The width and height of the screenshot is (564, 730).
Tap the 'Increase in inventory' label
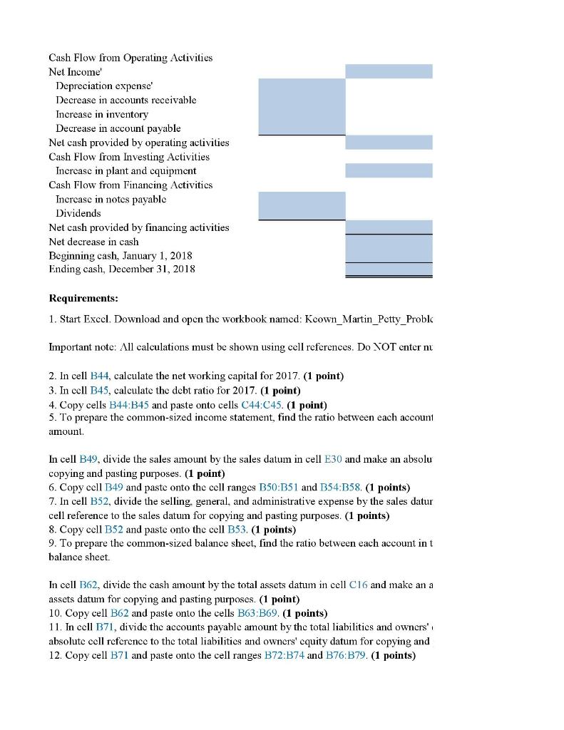[102, 114]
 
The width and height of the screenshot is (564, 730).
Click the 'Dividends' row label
[78, 213]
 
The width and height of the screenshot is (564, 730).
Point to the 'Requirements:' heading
[83, 299]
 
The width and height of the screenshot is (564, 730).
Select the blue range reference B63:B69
[253, 613]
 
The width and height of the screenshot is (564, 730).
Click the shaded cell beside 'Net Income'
[389, 71]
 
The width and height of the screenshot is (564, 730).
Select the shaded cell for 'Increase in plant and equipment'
[389, 170]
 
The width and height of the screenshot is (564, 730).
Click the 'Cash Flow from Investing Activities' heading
[129, 157]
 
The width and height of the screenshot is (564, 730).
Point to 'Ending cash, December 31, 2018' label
[122, 269]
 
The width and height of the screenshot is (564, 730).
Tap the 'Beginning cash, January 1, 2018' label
[121, 255]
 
